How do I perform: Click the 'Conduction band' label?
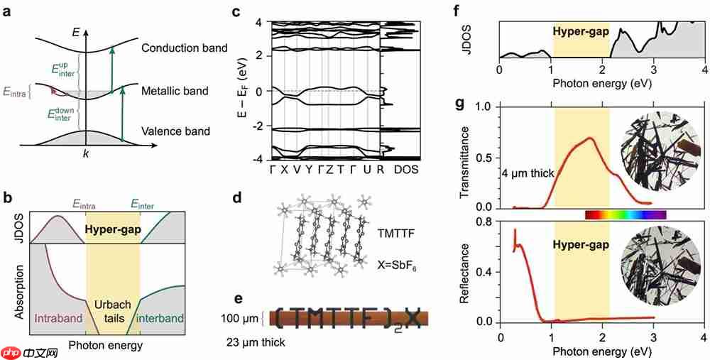(x=183, y=48)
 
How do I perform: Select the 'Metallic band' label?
(x=174, y=91)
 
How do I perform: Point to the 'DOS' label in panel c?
(x=406, y=170)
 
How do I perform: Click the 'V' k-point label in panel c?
(x=297, y=170)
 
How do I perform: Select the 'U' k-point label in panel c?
(x=366, y=170)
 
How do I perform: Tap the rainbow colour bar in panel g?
(x=625, y=214)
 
